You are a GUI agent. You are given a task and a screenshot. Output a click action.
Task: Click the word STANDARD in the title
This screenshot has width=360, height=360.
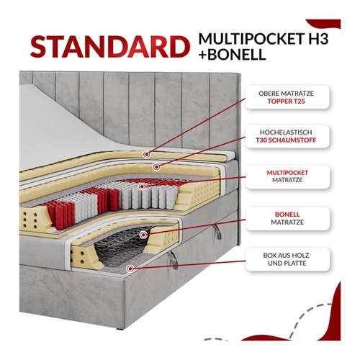click(110, 47)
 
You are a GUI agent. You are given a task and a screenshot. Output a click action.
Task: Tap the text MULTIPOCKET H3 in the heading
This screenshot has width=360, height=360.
click(264, 38)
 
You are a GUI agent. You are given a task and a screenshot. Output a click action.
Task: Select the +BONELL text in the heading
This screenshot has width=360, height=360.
click(232, 54)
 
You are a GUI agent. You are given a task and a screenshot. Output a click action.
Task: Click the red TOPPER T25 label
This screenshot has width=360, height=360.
click(286, 102)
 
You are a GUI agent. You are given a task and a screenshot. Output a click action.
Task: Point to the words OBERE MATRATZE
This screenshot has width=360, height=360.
click(286, 94)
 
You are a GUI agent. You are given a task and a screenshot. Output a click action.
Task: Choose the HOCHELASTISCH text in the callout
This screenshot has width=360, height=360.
click(286, 132)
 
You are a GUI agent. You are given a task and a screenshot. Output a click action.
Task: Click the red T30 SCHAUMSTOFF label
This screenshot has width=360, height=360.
click(286, 140)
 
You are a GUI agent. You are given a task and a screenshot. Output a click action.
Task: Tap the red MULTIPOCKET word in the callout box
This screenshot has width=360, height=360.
click(287, 173)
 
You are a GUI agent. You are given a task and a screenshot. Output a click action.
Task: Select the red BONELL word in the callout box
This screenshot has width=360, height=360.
click(287, 215)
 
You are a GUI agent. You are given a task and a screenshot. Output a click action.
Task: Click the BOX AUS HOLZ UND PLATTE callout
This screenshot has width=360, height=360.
click(287, 259)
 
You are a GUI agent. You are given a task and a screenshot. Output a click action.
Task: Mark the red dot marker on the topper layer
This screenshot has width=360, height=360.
click(146, 154)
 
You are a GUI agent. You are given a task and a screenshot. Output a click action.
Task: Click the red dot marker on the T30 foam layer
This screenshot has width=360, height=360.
click(156, 166)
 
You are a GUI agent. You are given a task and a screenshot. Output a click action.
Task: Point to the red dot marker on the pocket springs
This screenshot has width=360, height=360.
click(143, 186)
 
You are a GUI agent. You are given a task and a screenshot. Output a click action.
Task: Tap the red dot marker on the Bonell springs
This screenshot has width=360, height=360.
click(143, 235)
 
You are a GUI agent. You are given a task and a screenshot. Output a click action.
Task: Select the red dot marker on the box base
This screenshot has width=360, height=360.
click(130, 269)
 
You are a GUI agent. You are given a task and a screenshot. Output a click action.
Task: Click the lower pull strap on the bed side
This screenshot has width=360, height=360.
click(174, 261)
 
